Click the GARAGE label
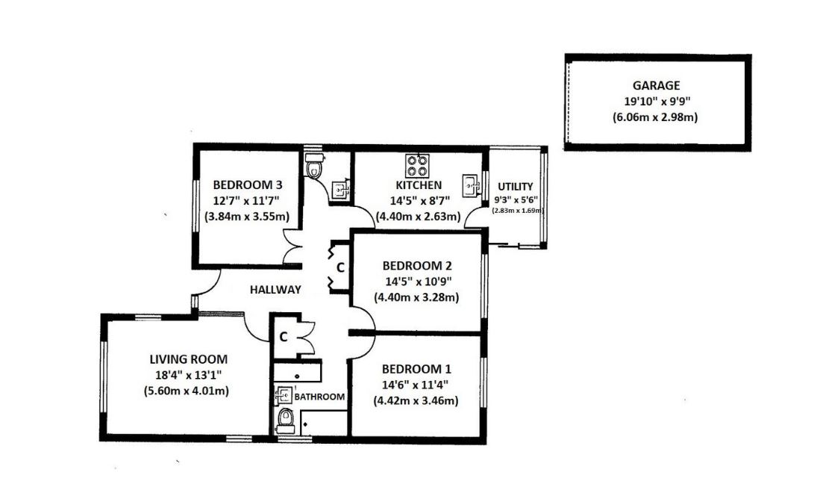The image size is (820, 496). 656,85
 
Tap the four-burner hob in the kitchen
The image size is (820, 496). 417,166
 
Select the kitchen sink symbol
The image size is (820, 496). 471,186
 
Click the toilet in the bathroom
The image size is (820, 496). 286,418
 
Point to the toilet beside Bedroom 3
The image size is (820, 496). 314,166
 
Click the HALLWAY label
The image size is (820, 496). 275,290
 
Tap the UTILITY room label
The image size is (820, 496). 515,187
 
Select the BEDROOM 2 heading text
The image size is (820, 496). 417,265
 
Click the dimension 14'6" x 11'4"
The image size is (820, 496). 415,385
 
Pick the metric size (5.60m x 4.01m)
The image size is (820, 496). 187,391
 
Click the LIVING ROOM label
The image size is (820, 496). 188,359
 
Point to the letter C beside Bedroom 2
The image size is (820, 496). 340,267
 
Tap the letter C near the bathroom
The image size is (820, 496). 284,337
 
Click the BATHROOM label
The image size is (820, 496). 319,397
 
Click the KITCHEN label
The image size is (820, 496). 419,185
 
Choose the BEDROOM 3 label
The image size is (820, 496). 248,185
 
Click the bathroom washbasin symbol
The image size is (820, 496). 284,394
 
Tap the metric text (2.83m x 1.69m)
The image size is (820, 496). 518,211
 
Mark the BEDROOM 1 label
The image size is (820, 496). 416,369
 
